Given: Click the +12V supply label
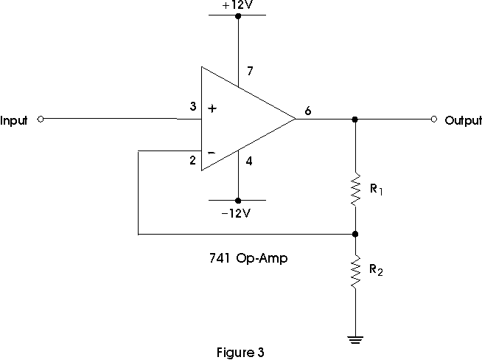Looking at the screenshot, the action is [238, 5].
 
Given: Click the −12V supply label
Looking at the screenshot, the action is [236, 213].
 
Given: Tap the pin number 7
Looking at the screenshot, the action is [250, 71].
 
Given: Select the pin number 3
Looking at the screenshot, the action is [193, 106].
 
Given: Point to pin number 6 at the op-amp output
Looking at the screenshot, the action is [308, 111].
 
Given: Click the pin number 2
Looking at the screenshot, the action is [193, 160].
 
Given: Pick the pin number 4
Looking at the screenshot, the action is [249, 161].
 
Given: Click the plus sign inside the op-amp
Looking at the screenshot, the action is [212, 108].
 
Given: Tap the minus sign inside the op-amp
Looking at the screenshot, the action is [212, 153].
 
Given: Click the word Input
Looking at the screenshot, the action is [14, 120].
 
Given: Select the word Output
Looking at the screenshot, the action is [464, 120].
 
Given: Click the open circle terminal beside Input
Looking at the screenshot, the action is [41, 119].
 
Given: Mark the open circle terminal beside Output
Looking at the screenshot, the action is [434, 119].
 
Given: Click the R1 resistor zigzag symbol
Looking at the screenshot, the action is [355, 190].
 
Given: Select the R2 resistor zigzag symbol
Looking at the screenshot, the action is [355, 271].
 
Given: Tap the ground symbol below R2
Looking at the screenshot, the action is [355, 340].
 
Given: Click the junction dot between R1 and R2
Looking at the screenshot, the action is [355, 234].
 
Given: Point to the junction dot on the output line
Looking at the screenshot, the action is [354, 119].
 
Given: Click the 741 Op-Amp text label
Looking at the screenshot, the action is [248, 258].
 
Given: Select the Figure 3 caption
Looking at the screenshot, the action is [240, 353].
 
